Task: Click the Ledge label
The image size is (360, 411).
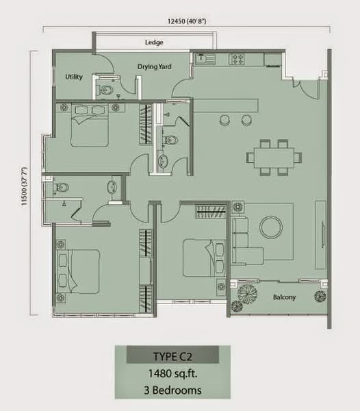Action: tap(154, 42)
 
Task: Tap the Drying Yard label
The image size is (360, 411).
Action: tap(155, 66)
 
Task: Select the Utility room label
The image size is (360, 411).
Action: tap(74, 77)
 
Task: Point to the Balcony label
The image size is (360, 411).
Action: tap(284, 297)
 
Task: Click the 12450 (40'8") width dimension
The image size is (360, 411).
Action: tap(187, 21)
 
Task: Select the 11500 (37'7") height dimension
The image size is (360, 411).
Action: tap(25, 186)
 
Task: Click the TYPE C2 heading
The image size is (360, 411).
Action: tap(172, 356)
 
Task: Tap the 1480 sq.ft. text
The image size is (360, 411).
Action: tap(172, 373)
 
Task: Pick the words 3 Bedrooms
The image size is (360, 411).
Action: tap(172, 390)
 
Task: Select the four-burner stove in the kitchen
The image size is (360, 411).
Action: tap(237, 59)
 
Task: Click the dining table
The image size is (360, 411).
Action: tap(274, 158)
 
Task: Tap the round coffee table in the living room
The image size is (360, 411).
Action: tap(271, 227)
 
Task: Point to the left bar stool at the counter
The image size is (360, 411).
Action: tap(225, 120)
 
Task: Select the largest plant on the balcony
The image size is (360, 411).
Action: tap(247, 294)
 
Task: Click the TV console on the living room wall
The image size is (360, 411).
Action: tap(320, 234)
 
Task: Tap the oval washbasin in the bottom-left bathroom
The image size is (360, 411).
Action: tap(112, 186)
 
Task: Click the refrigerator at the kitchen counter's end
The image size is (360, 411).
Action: tap(273, 59)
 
